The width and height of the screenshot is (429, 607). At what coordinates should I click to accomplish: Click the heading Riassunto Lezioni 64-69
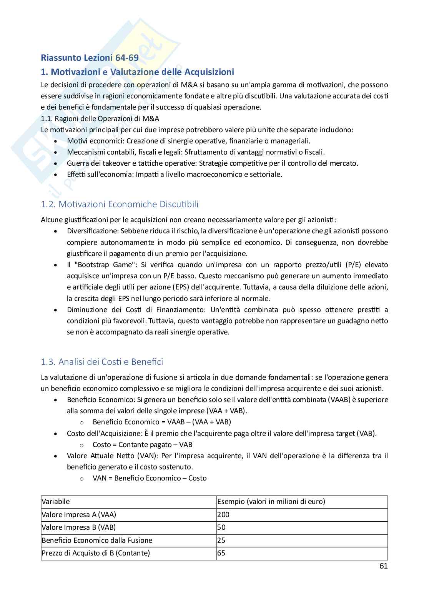point(90,58)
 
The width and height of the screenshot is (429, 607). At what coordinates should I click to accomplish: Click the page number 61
point(383,565)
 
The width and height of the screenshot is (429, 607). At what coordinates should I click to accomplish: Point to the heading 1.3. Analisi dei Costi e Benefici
point(102,362)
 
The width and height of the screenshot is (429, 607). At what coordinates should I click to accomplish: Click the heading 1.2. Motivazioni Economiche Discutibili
point(120,204)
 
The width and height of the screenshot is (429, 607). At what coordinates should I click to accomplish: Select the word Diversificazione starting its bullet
point(92,231)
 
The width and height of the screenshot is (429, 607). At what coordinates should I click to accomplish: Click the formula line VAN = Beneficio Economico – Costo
point(150,478)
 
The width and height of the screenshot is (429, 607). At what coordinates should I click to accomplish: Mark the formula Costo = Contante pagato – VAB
point(142,445)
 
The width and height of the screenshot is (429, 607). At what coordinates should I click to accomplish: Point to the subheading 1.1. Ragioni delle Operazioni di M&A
point(100,118)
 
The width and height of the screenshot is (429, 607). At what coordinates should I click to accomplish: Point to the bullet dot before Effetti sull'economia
point(57,175)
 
